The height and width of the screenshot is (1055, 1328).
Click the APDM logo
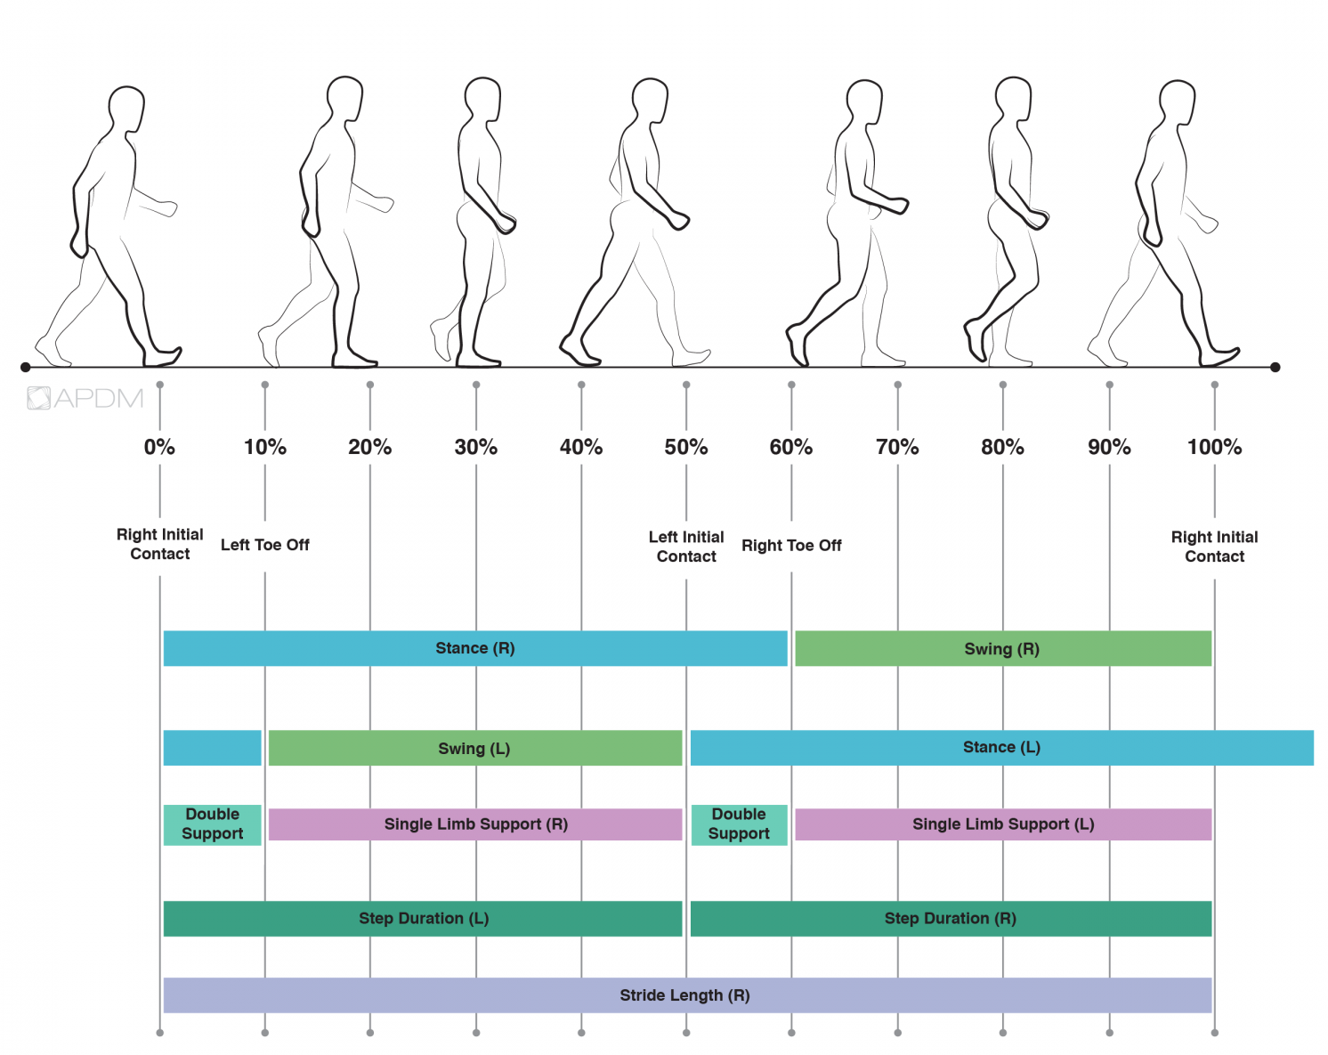click(x=85, y=398)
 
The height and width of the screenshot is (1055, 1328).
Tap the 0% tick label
click(x=160, y=447)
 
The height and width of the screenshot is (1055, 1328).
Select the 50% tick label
click(x=686, y=447)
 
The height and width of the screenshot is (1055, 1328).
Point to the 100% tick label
click(x=1214, y=447)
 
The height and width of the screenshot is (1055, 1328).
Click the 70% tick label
click(x=897, y=447)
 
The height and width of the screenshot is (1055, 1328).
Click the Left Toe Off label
click(x=265, y=545)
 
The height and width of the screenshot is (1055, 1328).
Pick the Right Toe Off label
click(x=792, y=545)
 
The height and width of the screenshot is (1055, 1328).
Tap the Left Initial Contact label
click(x=686, y=547)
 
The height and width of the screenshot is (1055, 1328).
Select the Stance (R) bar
click(x=475, y=648)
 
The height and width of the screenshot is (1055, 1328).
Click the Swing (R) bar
click(x=1003, y=648)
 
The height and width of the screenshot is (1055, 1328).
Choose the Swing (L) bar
click(x=475, y=748)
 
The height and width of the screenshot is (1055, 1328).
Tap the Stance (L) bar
click(x=1002, y=748)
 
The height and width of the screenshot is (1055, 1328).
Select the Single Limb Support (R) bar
click(x=475, y=824)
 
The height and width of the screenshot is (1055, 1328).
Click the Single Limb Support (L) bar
click(x=1003, y=824)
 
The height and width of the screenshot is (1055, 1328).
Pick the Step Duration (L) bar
click(x=423, y=919)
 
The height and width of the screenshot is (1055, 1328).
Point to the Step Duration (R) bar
click(x=951, y=919)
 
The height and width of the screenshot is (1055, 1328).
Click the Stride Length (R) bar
click(x=687, y=995)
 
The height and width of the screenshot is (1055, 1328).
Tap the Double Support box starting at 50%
click(x=740, y=824)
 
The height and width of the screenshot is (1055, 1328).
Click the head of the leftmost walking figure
click(x=126, y=108)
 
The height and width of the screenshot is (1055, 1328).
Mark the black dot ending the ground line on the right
click(x=1275, y=368)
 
